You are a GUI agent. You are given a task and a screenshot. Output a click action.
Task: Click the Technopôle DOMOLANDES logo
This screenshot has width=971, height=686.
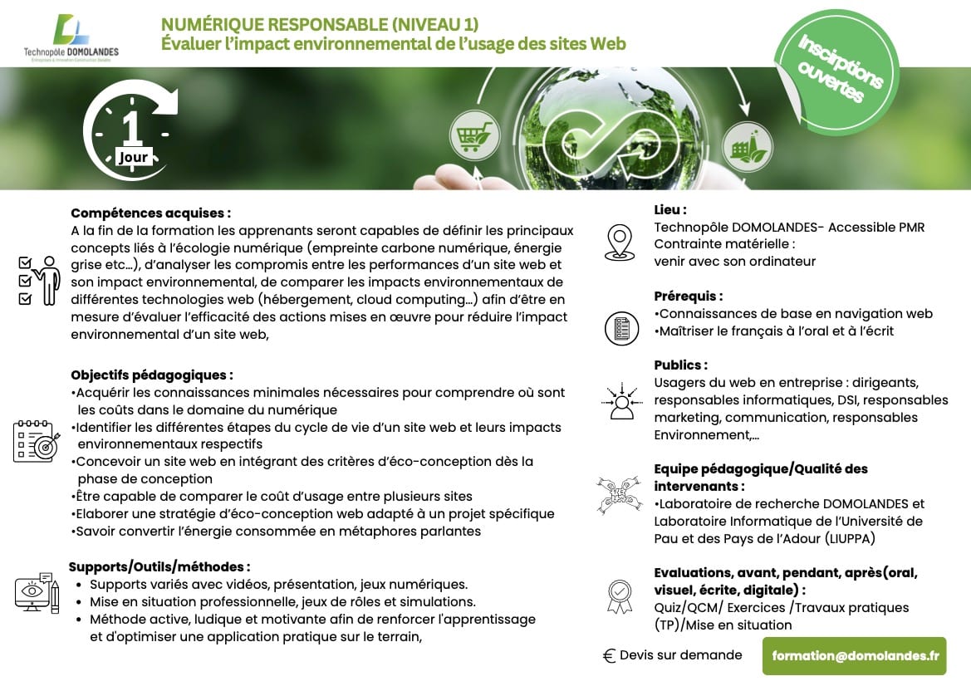[x=71, y=37]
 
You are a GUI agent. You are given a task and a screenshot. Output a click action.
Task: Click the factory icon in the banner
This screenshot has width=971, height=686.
[x=747, y=146]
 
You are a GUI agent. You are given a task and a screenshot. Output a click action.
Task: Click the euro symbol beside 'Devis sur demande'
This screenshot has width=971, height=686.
[x=609, y=656]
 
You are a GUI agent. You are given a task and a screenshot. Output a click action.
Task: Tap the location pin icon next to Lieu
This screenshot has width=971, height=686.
[x=619, y=242]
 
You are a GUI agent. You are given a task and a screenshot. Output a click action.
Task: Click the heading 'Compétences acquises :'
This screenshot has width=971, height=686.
[x=150, y=213]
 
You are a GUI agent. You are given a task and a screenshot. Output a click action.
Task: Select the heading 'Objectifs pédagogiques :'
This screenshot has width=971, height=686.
[x=152, y=375]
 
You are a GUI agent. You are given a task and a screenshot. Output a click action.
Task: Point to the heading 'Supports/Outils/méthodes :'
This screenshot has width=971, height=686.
[x=159, y=567]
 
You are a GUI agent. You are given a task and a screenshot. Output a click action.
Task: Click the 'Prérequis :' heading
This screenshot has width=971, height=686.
[x=689, y=296]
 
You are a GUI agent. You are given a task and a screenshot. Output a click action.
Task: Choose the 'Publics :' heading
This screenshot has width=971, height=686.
[x=680, y=365]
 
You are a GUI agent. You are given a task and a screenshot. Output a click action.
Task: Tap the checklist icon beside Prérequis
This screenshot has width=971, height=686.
[x=621, y=328]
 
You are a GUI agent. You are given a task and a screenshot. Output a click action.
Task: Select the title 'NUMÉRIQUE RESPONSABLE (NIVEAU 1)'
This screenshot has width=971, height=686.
[x=319, y=24]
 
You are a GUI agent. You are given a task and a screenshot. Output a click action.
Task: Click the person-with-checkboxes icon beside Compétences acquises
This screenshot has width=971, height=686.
[x=39, y=280]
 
